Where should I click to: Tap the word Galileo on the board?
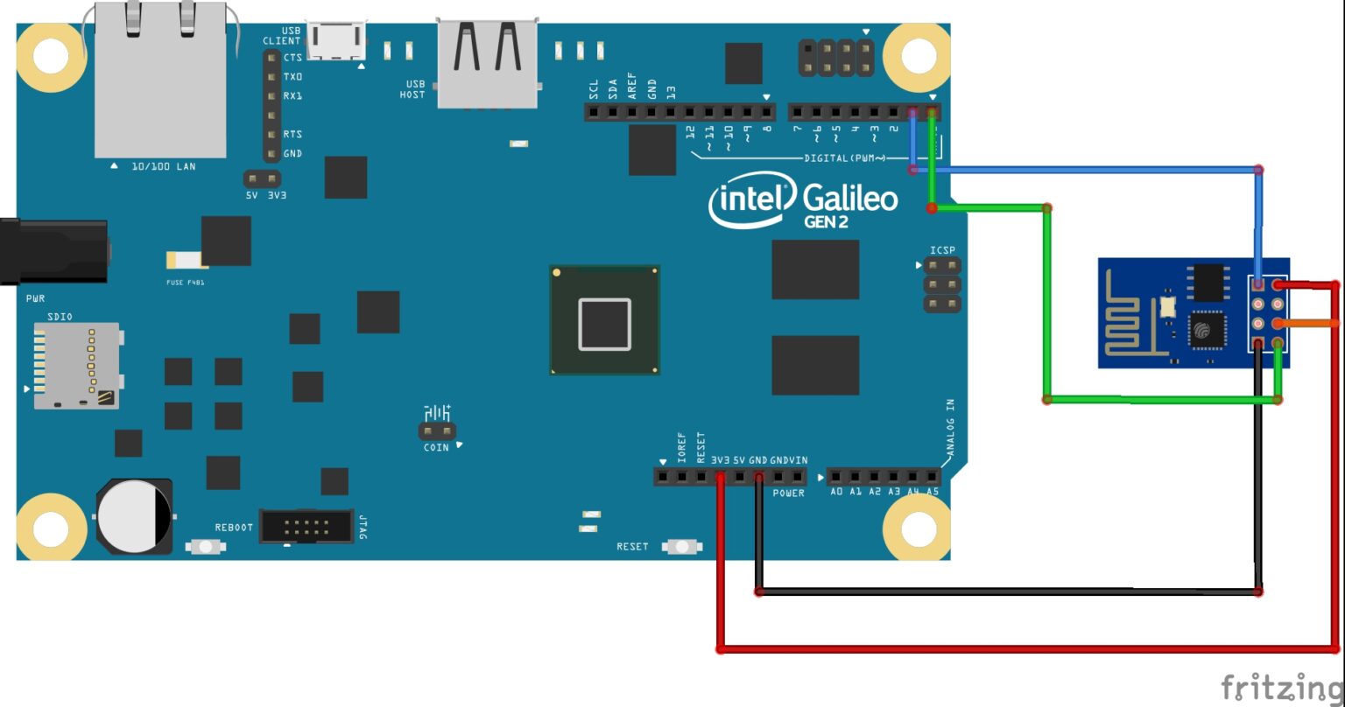point(849,199)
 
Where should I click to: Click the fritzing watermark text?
point(1282,686)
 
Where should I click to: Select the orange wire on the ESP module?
point(1309,324)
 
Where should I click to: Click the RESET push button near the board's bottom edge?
point(682,547)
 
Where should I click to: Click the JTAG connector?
point(306,527)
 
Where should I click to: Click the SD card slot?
point(75,365)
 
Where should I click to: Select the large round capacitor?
point(134,515)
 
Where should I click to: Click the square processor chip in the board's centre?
point(604,321)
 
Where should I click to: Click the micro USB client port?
point(337,41)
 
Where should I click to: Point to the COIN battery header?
point(437,431)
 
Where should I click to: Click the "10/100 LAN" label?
point(163,166)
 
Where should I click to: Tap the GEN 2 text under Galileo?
point(826,222)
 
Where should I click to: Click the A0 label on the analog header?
point(836,493)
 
